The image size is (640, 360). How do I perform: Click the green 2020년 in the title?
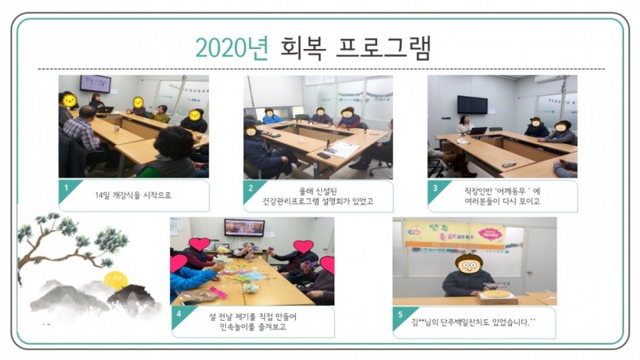point(231,47)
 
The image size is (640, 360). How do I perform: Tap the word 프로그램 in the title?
point(383,47)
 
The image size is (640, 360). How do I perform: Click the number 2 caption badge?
point(251,189)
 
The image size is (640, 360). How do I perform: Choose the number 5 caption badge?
point(400,316)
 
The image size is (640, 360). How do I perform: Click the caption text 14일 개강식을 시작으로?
point(133,195)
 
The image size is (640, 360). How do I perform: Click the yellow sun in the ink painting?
point(116,280)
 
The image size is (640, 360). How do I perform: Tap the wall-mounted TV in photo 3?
point(472,104)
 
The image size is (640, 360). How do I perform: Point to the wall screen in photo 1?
point(95,84)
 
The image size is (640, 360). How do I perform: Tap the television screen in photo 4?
point(244,228)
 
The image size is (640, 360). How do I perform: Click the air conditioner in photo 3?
point(550,80)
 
